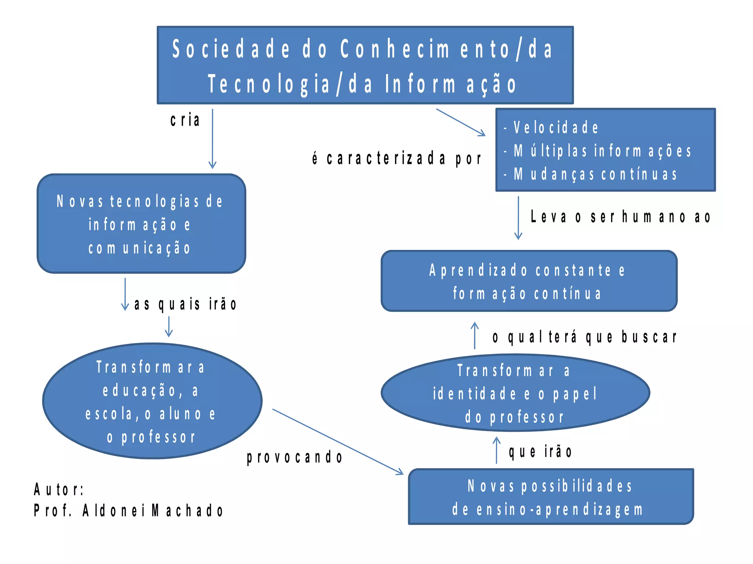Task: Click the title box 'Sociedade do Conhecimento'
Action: click(365, 65)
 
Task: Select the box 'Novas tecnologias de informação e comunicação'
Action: click(141, 223)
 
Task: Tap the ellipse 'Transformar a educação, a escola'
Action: click(152, 401)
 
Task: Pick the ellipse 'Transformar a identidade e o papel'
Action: click(515, 393)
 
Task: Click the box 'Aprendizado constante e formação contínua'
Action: click(529, 281)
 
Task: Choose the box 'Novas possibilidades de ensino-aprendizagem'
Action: click(550, 497)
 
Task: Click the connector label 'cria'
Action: click(185, 120)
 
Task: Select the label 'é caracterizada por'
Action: click(396, 158)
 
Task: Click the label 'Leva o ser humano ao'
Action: click(620, 216)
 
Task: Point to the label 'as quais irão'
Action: click(185, 304)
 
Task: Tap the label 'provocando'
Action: click(295, 457)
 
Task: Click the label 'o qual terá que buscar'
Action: click(584, 337)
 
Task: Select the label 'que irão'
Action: click(540, 452)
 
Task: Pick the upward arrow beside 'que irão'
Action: click(496, 450)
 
